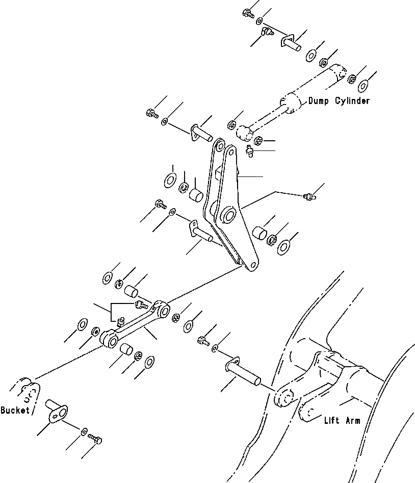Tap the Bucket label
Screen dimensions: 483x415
coord(15,410)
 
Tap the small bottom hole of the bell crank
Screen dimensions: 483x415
coord(251,265)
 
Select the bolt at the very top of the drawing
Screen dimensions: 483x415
coord(249,14)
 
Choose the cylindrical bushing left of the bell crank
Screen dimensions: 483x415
coord(196,194)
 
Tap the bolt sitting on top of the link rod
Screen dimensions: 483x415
coord(141,305)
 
